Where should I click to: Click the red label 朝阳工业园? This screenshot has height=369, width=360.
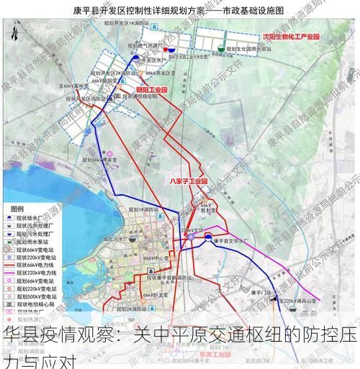(x=151, y=91)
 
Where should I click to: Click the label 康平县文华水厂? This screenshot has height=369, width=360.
(x=231, y=243)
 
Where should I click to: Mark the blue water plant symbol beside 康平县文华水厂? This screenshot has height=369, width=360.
(x=207, y=237)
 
